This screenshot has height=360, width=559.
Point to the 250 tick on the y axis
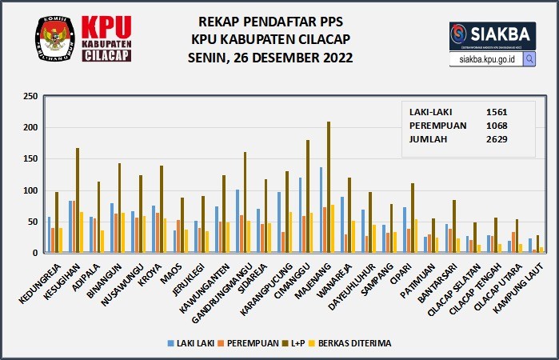[x=30, y=96]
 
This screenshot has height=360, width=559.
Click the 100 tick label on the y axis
[x=30, y=190]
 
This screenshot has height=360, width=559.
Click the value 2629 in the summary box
[x=497, y=138]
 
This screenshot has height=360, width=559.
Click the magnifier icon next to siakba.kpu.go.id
[x=529, y=59]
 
